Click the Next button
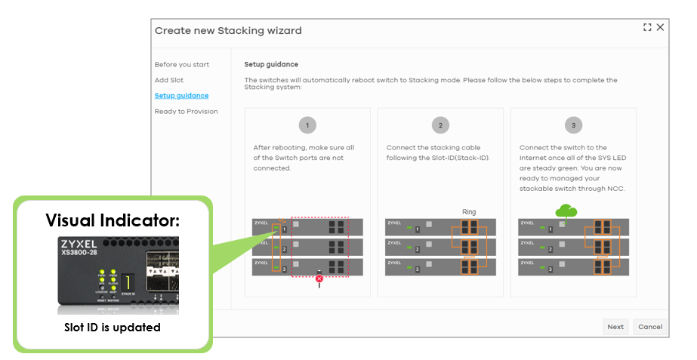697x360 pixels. tap(615, 327)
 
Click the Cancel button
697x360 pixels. tap(649, 327)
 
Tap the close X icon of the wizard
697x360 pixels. tap(660, 27)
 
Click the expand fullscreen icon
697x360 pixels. tap(647, 27)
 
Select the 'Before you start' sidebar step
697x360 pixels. tap(182, 65)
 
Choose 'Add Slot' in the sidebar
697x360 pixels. tap(169, 80)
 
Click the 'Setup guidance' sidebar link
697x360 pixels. tap(182, 96)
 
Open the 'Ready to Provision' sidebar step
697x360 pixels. tap(187, 112)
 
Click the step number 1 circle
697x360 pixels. tap(307, 125)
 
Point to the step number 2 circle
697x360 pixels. tap(440, 125)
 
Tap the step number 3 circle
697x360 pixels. tap(573, 125)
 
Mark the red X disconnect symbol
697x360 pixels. tap(319, 278)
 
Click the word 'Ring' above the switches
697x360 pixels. tap(469, 212)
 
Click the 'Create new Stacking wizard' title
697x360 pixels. tap(228, 31)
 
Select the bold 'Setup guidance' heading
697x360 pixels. tap(271, 65)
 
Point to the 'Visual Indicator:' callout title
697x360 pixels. tap(112, 220)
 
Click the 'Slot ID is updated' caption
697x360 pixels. tap(112, 328)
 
